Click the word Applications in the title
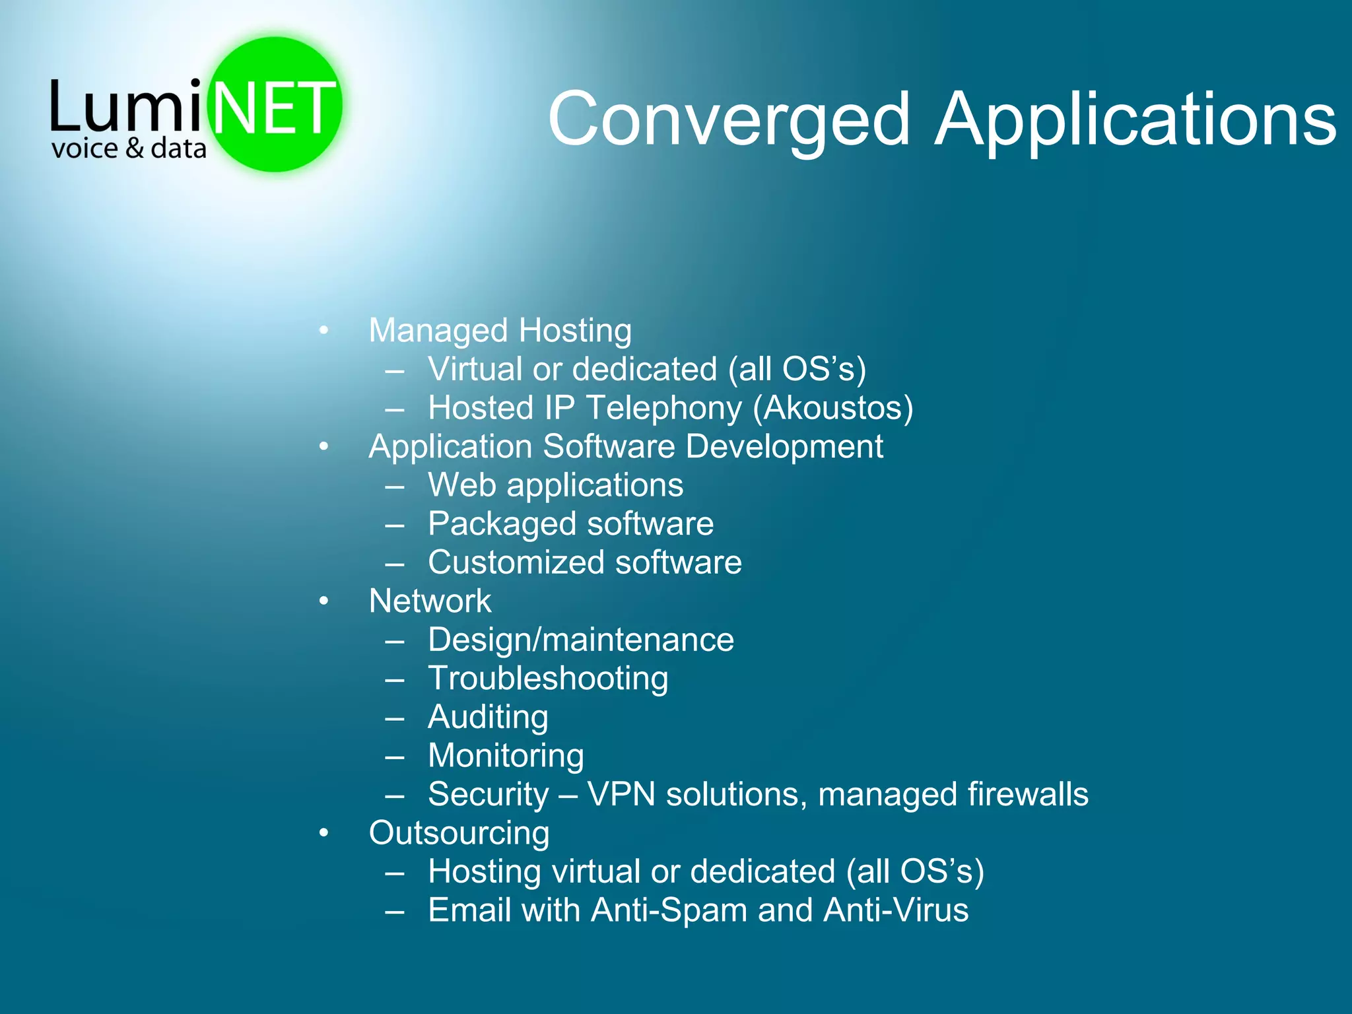pyautogui.click(x=1135, y=120)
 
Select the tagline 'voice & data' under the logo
pyautogui.click(x=129, y=149)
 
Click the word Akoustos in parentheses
pyautogui.click(x=833, y=408)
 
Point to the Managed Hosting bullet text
pyautogui.click(x=500, y=331)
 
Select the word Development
pyautogui.click(x=784, y=447)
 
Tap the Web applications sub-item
pyautogui.click(x=555, y=485)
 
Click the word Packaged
pyautogui.click(x=502, y=524)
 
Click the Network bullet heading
pyautogui.click(x=430, y=601)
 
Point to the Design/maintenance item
pyautogui.click(x=580, y=640)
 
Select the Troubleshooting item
pyautogui.click(x=548, y=679)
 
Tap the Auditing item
pyautogui.click(x=488, y=718)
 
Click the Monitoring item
pyautogui.click(x=506, y=756)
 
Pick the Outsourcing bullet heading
pyautogui.click(x=459, y=833)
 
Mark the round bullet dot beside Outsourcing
pyautogui.click(x=323, y=833)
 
